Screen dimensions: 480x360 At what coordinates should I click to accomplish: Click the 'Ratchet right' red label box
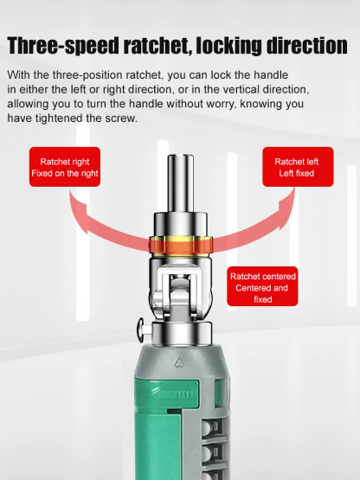coord(64,167)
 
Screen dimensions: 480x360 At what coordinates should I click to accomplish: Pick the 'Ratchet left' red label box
coord(296,167)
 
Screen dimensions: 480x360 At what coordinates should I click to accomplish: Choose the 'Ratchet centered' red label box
coord(263,287)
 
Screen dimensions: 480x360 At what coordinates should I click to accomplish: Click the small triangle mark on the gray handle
coord(178,362)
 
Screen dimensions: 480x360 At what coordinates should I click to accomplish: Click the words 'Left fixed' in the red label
coord(296,174)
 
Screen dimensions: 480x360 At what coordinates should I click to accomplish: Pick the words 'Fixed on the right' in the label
coord(64,174)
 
